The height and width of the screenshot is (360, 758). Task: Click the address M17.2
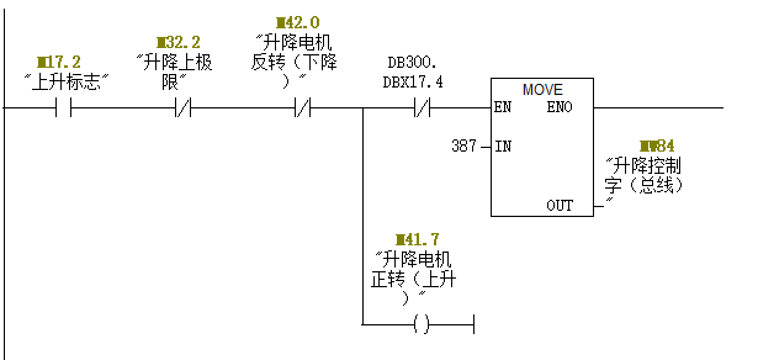[59, 62]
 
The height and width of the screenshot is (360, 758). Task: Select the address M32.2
[178, 43]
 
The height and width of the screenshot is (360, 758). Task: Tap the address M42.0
[298, 23]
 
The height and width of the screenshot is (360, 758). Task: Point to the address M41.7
[417, 240]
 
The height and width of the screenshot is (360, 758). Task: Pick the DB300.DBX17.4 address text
[413, 73]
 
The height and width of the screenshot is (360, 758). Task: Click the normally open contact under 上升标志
[64, 107]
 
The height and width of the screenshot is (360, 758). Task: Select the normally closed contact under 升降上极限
[184, 107]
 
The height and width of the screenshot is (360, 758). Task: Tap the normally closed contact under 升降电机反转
[303, 107]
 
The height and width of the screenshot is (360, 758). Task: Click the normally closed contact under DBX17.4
[423, 107]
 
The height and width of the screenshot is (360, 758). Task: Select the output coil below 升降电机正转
[422, 324]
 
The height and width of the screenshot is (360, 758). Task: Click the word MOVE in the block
[542, 89]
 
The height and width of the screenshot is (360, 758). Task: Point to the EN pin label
[502, 108]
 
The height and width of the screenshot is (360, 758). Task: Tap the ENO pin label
[559, 108]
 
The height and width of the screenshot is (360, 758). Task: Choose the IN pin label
[503, 147]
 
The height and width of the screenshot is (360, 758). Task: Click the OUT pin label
[560, 205]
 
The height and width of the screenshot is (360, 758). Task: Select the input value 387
[463, 146]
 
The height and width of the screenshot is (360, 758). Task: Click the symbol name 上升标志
[66, 83]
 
